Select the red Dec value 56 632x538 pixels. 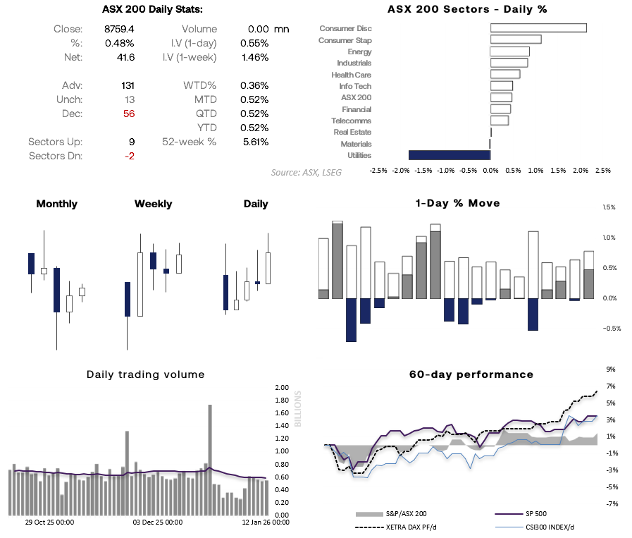[x=128, y=114]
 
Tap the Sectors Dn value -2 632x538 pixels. [x=129, y=156]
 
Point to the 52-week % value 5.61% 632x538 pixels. [x=254, y=142]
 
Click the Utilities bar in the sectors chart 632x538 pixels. [x=450, y=155]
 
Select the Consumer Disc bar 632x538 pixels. [x=538, y=28]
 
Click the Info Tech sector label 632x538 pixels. [x=355, y=86]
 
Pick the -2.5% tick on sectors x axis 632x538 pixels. [x=378, y=171]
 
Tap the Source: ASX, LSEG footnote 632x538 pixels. [x=306, y=172]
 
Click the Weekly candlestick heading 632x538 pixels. [x=153, y=204]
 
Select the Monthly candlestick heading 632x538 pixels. [x=56, y=204]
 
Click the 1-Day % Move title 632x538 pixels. [x=458, y=203]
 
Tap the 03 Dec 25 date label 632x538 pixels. [x=159, y=522]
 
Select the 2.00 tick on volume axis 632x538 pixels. [x=283, y=388]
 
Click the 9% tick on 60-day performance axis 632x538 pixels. [x=611, y=369]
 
